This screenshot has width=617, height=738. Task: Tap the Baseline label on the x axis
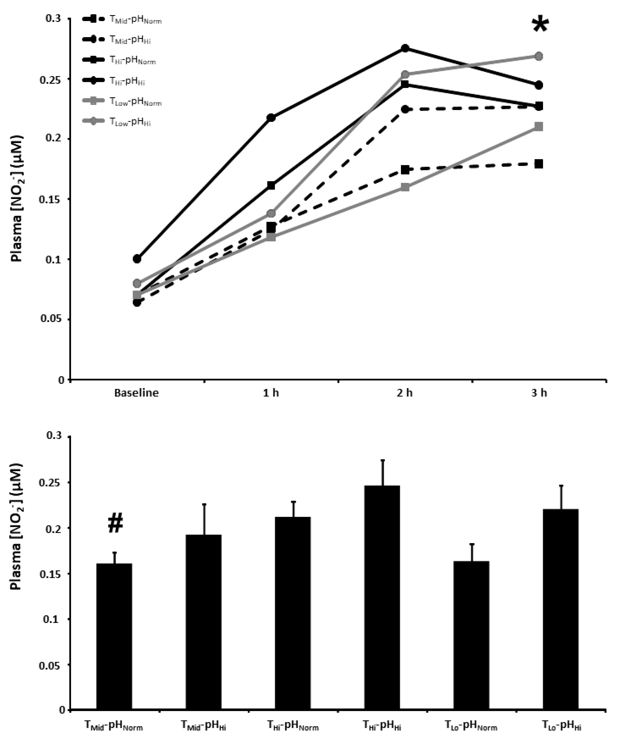pyautogui.click(x=136, y=392)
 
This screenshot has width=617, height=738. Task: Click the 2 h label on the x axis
pyautogui.click(x=405, y=392)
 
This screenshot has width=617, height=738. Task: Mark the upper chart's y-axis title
pyautogui.click(x=16, y=199)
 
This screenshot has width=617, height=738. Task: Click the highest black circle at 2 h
pyautogui.click(x=405, y=48)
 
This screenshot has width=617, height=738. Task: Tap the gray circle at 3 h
pyautogui.click(x=539, y=56)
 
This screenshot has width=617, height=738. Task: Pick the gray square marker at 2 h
pyautogui.click(x=405, y=187)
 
